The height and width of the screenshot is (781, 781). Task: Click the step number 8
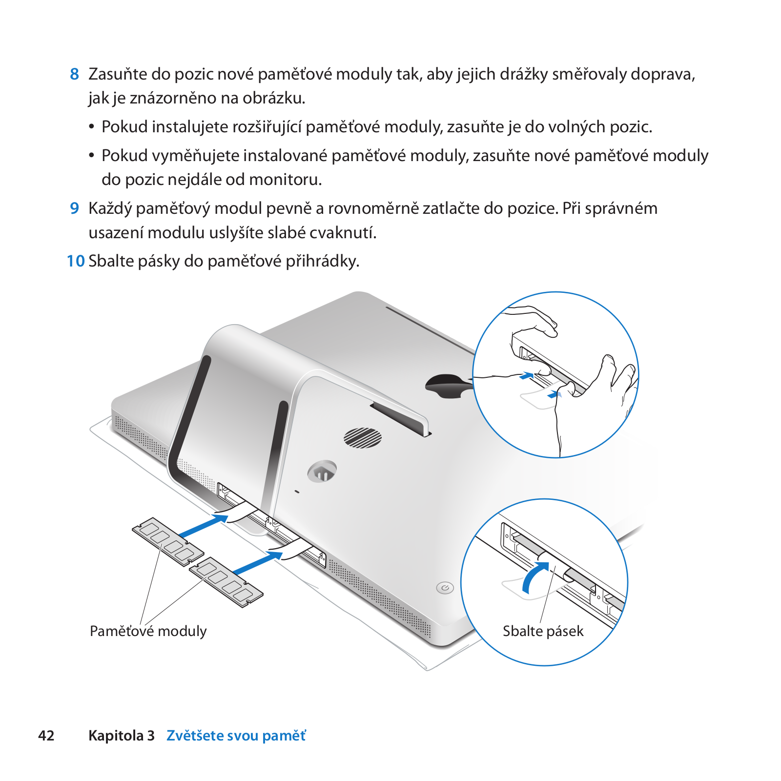pos(74,74)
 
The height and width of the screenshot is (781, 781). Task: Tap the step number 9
pos(74,208)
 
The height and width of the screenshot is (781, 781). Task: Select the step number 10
pos(76,261)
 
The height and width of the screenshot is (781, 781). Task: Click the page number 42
pos(46,736)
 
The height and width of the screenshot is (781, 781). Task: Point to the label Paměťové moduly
pos(148,631)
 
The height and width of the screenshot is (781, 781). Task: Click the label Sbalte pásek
pos(543,631)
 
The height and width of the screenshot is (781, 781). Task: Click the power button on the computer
pos(445,588)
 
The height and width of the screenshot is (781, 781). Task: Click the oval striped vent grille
pos(363,437)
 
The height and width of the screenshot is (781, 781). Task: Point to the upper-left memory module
pos(168,542)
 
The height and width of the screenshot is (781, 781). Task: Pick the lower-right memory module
pos(226,582)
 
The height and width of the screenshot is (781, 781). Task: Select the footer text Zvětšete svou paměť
pos(236,736)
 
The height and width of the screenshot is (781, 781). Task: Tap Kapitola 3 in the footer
pos(122,736)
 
